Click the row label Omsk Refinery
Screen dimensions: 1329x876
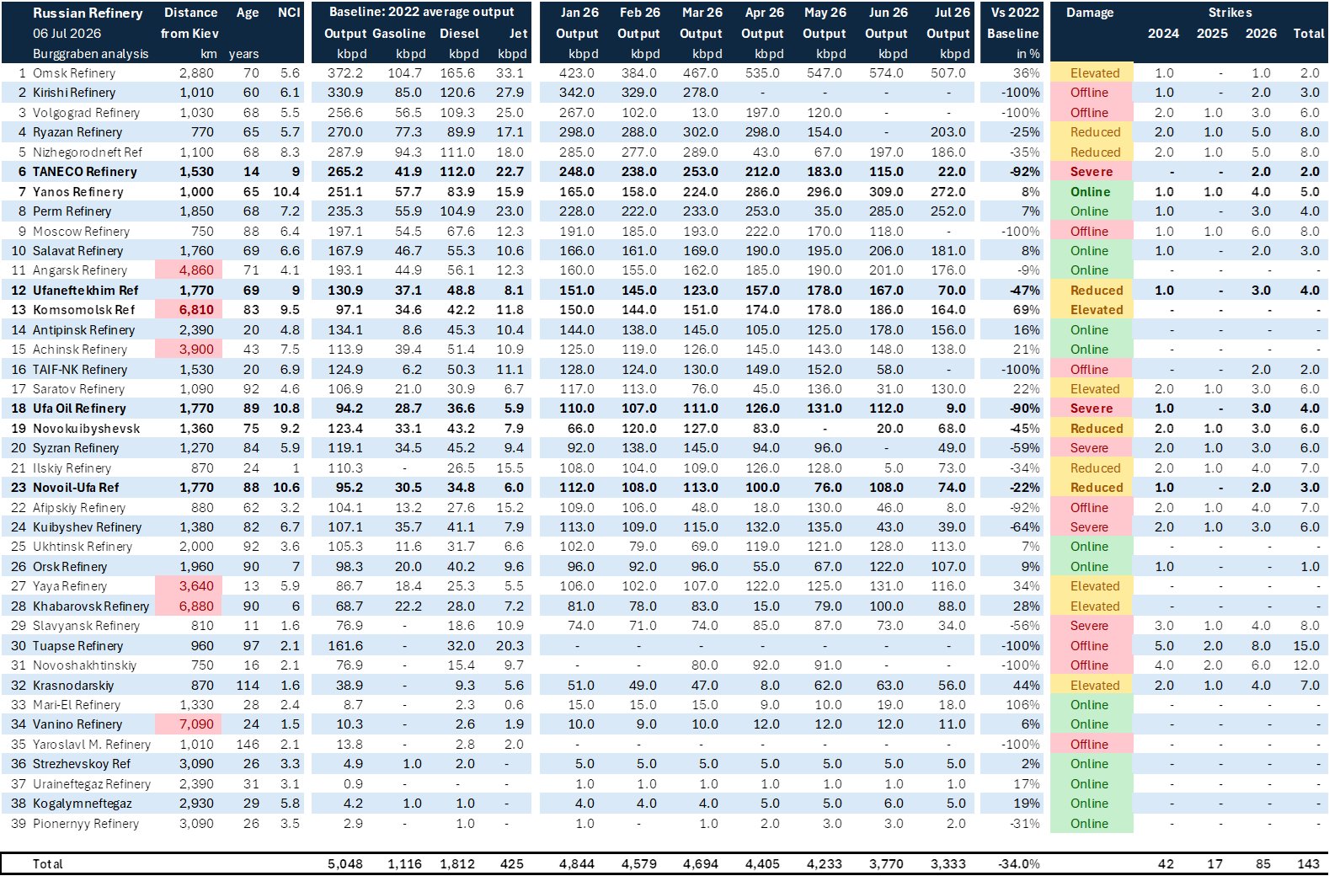pyautogui.click(x=73, y=73)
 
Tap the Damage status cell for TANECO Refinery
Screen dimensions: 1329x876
pyautogui.click(x=1091, y=172)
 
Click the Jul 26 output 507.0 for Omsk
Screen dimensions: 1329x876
pyautogui.click(x=947, y=73)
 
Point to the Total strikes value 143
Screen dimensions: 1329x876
pyautogui.click(x=1308, y=863)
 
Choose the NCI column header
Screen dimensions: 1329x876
pyautogui.click(x=289, y=13)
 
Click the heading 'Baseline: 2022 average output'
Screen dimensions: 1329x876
pyautogui.click(x=422, y=12)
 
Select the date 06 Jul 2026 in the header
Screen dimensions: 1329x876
pyautogui.click(x=67, y=33)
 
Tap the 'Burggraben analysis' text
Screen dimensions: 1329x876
pyautogui.click(x=90, y=53)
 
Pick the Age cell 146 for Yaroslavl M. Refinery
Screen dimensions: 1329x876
pyautogui.click(x=248, y=745)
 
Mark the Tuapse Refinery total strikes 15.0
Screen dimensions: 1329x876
pyautogui.click(x=1310, y=646)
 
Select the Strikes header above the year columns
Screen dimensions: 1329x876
pyautogui.click(x=1230, y=13)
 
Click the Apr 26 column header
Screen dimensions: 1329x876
pyautogui.click(x=764, y=13)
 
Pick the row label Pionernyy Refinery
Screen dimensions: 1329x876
pyautogui.click(x=86, y=824)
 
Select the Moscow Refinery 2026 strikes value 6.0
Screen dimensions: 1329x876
pyautogui.click(x=1261, y=231)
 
